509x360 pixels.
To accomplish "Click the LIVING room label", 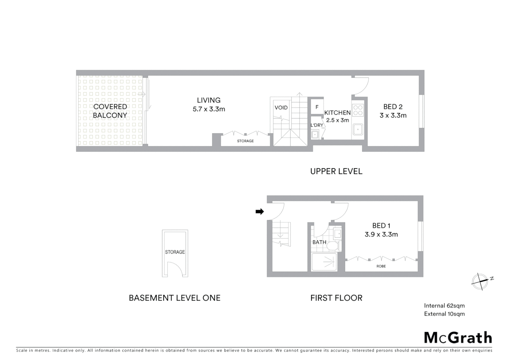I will (x=209, y=100).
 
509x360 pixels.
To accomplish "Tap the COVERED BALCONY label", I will (x=110, y=111).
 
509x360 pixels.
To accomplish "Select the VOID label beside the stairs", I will (x=281, y=108).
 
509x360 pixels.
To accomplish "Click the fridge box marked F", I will (x=317, y=107).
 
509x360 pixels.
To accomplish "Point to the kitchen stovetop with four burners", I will (x=358, y=110).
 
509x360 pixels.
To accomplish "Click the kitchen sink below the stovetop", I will (x=358, y=130).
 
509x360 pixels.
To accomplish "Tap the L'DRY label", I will (x=316, y=125).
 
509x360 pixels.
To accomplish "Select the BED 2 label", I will (x=393, y=107).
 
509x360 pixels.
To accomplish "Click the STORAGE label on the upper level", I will (x=245, y=141).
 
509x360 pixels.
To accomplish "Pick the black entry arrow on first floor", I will (x=259, y=211).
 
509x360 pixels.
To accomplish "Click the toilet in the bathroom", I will (x=333, y=246).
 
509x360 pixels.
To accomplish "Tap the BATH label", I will (x=319, y=242).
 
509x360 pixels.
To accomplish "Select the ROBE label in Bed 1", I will (x=381, y=266).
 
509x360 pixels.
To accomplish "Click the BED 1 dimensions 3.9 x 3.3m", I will (x=381, y=234).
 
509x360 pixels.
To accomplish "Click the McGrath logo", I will (x=458, y=338).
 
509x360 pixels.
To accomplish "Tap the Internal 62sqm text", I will (x=444, y=306).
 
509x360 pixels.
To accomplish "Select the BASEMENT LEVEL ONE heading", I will (x=175, y=298).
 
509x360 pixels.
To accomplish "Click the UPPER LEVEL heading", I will (x=336, y=171).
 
